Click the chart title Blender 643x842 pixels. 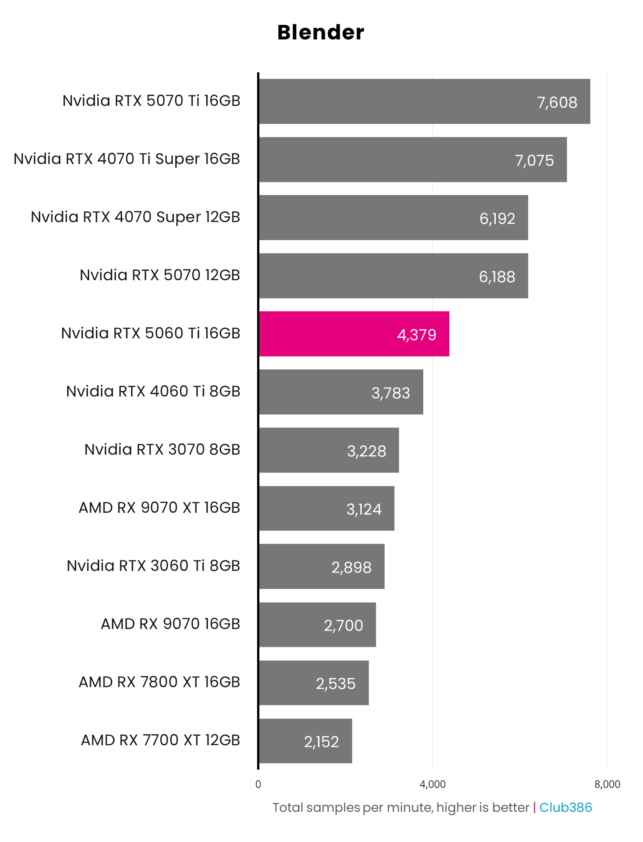pos(321,32)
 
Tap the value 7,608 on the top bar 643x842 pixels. pos(557,103)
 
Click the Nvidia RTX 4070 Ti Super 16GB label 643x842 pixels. pos(127,159)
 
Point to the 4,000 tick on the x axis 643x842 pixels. pos(432,784)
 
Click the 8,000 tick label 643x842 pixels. pos(607,784)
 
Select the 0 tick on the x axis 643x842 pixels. pos(258,784)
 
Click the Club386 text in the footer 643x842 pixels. pos(566,807)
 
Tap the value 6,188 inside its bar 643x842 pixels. pos(497,277)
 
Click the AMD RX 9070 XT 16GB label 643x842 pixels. pos(159,508)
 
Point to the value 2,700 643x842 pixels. pos(344,625)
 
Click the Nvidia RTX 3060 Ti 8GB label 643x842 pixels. pos(154,566)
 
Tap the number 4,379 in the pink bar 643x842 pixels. pos(417,335)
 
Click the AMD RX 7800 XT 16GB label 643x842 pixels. pos(159,682)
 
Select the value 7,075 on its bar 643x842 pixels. pos(534,161)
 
